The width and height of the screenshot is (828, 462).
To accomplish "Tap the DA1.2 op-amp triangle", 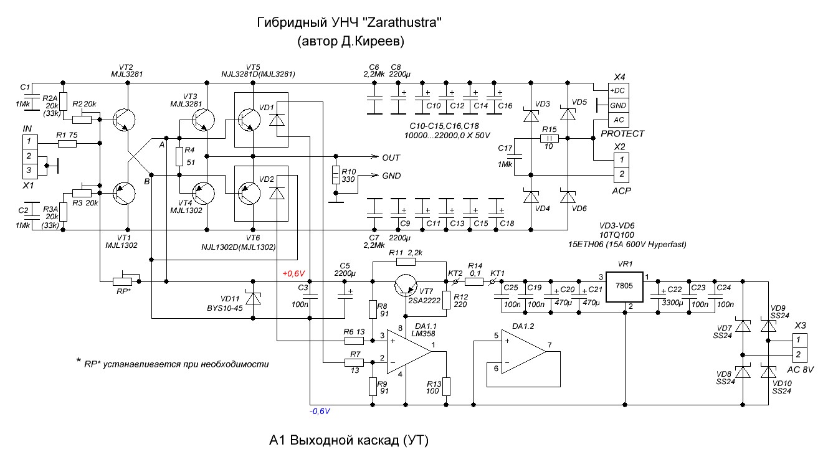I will [523, 352].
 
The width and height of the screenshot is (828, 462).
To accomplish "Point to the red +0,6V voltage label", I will [293, 273].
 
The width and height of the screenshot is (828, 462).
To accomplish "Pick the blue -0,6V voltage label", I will [320, 412].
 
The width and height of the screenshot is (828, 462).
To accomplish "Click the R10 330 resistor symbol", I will [336, 176].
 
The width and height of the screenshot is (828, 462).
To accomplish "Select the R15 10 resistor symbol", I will [549, 139].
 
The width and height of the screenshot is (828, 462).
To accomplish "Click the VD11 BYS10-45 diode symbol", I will [252, 298].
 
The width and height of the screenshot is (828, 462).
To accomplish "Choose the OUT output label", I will [391, 157].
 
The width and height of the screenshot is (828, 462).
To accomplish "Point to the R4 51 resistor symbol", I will [179, 157].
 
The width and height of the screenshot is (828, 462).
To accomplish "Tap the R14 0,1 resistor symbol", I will [474, 281].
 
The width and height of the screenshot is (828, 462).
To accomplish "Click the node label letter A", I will [161, 145].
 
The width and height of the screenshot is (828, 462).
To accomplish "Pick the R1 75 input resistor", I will [67, 144].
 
